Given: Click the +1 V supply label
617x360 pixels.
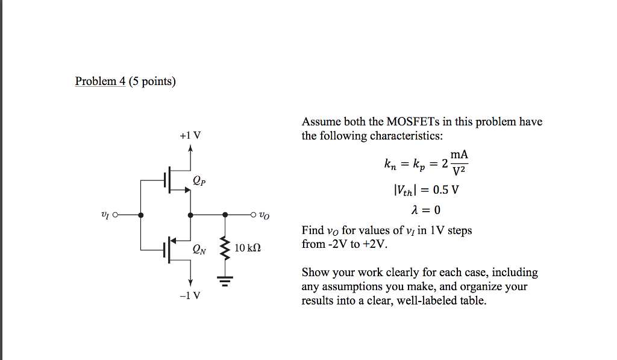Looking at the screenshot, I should point(190,135).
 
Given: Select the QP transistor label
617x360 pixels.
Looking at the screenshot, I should point(199,180).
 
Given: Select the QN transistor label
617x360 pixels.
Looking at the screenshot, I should point(199,248).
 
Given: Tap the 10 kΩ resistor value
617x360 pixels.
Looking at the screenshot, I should point(248,248).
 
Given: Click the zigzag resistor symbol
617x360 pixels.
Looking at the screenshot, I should point(225,248).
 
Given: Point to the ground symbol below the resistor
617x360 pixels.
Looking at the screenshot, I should point(225,281).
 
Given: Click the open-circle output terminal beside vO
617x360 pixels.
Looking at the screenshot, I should point(254,214).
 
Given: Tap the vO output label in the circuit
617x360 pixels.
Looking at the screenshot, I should point(265,215).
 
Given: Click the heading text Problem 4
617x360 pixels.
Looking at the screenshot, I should point(100,81).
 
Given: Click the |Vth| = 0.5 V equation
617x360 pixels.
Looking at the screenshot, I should point(425,190).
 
